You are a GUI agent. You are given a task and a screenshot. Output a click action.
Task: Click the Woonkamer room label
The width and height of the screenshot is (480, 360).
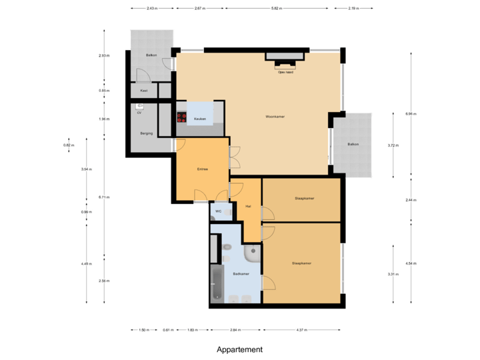pos(275,117)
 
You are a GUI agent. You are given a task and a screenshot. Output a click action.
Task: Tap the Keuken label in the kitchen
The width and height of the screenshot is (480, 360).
pos(199,119)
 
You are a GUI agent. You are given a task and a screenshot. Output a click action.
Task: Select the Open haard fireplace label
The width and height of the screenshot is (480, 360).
pos(286,72)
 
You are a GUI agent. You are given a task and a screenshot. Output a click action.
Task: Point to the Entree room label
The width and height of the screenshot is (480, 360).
pos(202,169)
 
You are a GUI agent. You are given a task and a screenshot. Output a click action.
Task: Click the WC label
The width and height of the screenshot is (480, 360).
pos(218,211)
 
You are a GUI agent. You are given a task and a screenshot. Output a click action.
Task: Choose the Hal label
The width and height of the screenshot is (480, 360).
pos(248,206)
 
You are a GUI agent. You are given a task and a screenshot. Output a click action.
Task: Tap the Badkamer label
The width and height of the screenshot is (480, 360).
pos(241,274)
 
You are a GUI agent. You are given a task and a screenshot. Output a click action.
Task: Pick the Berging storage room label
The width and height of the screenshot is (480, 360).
pos(146,133)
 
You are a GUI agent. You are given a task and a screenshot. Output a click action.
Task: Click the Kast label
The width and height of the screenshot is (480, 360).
pos(143,91)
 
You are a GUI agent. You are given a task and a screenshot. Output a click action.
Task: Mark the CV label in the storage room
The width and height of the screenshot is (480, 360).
pos(139,113)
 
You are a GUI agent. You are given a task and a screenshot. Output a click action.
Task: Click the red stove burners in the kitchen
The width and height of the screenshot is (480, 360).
pos(181,117)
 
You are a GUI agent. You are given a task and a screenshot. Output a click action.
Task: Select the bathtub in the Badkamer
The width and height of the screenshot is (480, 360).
pos(217,283)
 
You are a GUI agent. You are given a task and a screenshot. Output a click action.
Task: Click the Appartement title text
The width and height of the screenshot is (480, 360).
pos(239,349)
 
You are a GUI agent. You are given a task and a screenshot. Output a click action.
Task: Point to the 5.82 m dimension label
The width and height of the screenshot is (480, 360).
pos(276,9)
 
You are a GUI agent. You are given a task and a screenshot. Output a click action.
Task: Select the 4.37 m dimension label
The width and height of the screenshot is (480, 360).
pos(301,330)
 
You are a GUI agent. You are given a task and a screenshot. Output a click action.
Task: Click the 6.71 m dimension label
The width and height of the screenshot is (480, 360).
pos(103,197)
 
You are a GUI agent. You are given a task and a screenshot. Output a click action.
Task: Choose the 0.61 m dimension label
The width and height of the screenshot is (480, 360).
pos(168,330)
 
